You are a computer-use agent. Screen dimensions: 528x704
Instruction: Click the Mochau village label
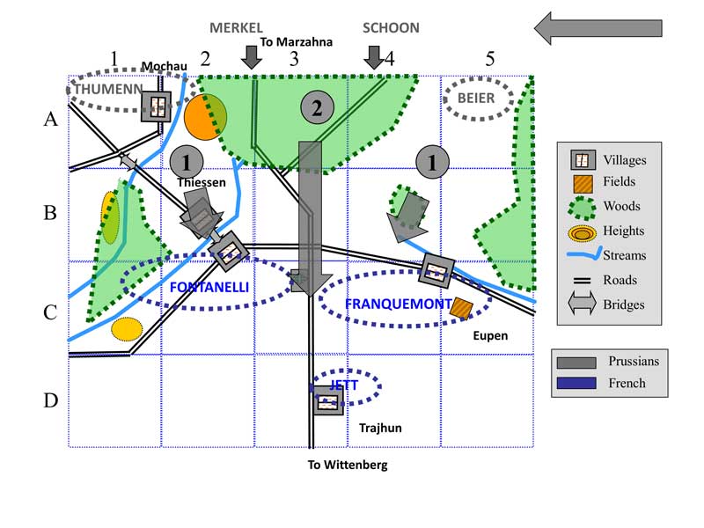coord(163,67)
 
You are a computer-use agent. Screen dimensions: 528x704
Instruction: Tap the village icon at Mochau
coord(158,106)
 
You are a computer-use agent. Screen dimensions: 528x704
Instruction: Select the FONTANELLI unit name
coord(209,287)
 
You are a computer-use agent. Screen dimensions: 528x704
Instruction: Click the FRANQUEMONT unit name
coord(399,304)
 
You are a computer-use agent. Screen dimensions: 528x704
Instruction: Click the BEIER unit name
coord(476,99)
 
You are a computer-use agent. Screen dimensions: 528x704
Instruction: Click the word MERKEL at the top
coord(236,27)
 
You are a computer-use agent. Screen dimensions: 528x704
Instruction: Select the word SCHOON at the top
coord(391,27)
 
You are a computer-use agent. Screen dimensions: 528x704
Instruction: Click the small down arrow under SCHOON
coord(374,57)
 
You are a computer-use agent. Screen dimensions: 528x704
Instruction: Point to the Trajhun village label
coord(380,428)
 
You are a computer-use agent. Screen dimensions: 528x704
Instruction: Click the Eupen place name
coord(490,335)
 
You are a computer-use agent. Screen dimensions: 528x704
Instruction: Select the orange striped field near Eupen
coord(461,308)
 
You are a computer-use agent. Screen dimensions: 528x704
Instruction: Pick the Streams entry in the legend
coord(624,255)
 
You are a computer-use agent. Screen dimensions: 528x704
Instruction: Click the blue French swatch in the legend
coord(577,383)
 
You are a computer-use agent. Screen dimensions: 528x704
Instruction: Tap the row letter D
coord(50,400)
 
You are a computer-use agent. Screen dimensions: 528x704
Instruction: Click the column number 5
coord(489,59)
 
